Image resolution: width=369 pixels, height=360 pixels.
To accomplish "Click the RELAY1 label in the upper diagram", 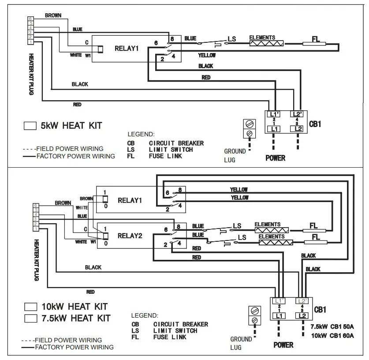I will click(127, 49).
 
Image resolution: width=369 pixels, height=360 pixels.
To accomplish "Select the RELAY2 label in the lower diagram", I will click(130, 236).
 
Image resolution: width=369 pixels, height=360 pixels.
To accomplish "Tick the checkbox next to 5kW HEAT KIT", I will click(30, 126).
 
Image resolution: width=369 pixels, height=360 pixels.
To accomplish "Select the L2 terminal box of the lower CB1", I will click(302, 316).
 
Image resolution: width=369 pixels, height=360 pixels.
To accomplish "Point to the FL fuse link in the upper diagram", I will click(315, 44).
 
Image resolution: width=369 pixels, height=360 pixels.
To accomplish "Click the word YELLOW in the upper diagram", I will click(207, 56).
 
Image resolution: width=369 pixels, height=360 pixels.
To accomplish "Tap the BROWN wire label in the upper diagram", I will click(53, 15).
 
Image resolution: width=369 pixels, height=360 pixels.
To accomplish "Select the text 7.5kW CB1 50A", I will click(332, 327).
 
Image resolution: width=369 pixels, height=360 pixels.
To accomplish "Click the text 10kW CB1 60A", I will click(332, 335).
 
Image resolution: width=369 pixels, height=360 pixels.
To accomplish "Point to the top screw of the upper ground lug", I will click(250, 124).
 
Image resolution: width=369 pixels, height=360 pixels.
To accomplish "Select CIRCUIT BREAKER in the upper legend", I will click(176, 143).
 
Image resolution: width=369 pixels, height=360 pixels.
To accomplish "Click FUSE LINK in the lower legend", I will click(170, 337).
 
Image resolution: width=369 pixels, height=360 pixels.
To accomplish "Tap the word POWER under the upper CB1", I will click(275, 158).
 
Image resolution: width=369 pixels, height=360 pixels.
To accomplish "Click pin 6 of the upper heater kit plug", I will click(30, 19).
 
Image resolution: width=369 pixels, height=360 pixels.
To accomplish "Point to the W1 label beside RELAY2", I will click(93, 242).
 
